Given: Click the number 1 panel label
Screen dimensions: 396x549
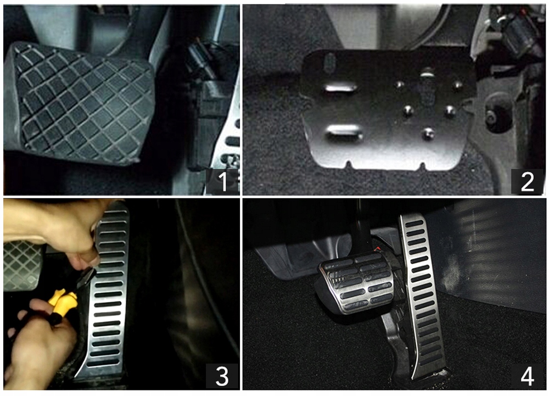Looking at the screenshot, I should (222, 181).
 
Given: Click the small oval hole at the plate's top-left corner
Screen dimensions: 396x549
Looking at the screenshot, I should (328, 62).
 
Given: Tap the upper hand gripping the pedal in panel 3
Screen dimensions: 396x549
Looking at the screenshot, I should (60, 231).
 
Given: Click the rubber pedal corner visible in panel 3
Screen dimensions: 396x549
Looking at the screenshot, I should (22, 264).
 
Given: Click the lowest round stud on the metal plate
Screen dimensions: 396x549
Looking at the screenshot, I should (427, 133).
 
